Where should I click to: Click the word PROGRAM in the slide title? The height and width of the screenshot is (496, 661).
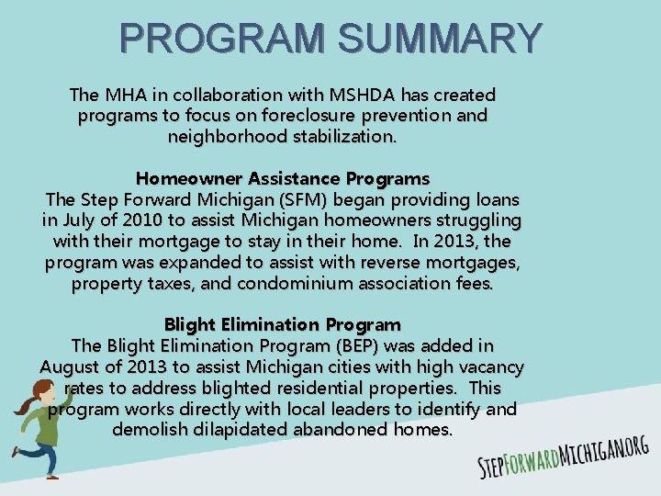point(225,39)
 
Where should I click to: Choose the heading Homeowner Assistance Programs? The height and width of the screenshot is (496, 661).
point(283,177)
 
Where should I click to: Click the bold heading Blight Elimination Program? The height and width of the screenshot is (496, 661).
point(283,325)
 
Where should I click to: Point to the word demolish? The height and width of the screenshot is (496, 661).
point(147,430)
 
